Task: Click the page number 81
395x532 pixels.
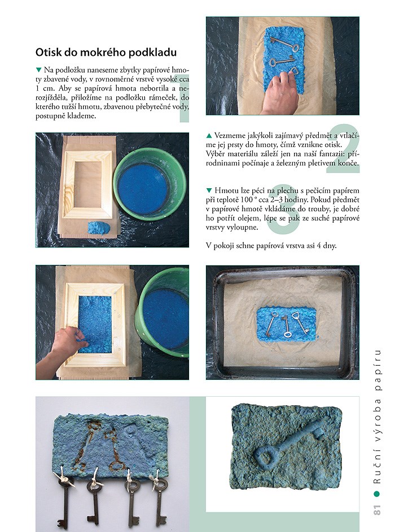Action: coord(377,509)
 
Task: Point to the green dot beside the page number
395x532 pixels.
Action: coord(376,494)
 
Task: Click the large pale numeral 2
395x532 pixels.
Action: coord(343,149)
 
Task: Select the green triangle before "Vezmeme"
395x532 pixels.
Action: coord(209,136)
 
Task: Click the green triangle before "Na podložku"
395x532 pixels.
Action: coord(38,70)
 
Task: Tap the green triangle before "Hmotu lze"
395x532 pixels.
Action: coord(209,190)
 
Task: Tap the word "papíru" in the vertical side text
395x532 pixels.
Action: coord(377,370)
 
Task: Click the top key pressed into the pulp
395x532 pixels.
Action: coord(284,44)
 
